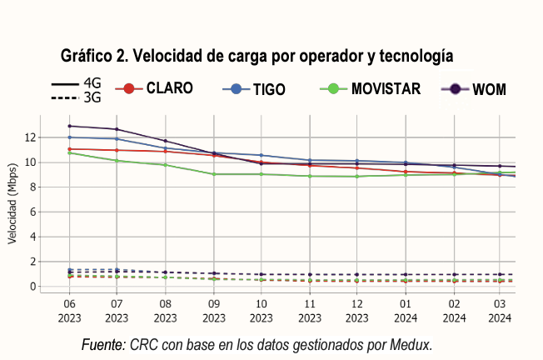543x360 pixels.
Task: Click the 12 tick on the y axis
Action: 30,137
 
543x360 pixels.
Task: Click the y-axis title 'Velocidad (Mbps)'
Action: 12,212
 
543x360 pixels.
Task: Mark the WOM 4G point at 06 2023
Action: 69,126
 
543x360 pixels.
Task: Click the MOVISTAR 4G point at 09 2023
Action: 213,174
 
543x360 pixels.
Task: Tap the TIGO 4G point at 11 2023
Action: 309,160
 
